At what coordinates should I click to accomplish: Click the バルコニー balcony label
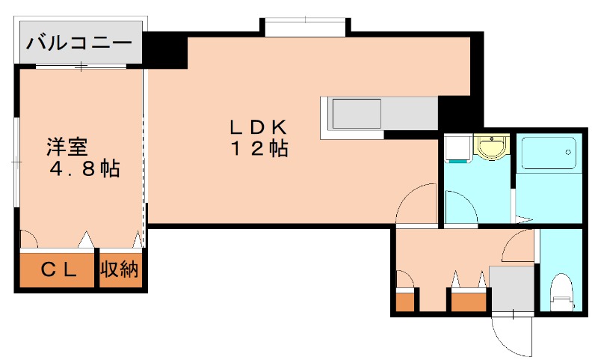coord(79,43)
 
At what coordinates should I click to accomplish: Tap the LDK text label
coord(258,127)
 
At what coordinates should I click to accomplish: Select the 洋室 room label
coord(67,147)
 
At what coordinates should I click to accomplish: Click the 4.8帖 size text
coord(85,168)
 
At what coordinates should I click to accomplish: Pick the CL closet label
coord(58,270)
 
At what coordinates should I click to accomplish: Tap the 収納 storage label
coord(119,270)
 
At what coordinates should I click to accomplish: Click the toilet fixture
coord(562,292)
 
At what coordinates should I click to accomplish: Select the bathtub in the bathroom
coord(549,153)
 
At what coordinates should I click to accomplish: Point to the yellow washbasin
coord(492,147)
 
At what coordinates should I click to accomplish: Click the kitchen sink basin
coord(357,114)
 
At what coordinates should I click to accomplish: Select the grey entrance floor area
coord(512,289)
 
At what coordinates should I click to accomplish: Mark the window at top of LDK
coord(305,27)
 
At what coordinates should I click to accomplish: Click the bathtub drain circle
coord(568,152)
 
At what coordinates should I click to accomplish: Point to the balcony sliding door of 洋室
coord(81,67)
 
